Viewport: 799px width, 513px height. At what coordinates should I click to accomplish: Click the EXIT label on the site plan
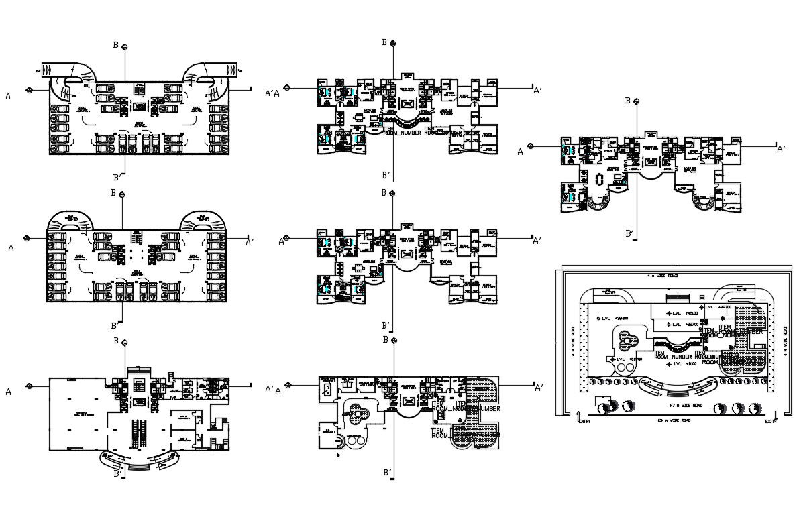pos(770,421)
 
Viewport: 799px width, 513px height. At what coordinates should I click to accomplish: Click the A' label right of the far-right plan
pos(781,148)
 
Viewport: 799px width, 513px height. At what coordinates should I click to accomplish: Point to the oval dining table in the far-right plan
pos(598,180)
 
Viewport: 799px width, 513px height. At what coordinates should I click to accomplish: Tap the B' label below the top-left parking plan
pos(117,177)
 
